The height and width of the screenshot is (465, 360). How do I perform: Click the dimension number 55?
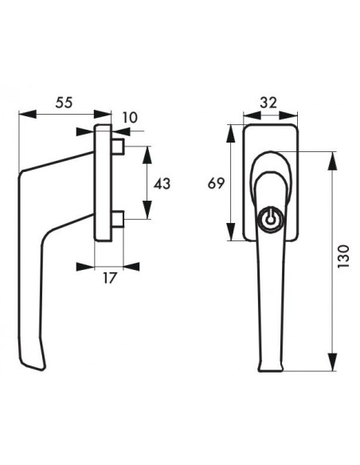[64, 103]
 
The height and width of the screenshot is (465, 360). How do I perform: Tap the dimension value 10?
[130, 118]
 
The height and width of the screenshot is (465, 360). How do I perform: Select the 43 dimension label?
[162, 184]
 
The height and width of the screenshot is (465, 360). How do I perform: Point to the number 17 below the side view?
[109, 279]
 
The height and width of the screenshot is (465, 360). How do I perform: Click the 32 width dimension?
[268, 103]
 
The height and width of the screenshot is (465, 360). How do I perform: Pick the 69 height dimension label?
[216, 184]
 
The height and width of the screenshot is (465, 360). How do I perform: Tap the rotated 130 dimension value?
[344, 256]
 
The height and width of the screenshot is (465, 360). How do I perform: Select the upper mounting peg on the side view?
[118, 147]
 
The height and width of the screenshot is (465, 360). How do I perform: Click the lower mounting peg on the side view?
[118, 219]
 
